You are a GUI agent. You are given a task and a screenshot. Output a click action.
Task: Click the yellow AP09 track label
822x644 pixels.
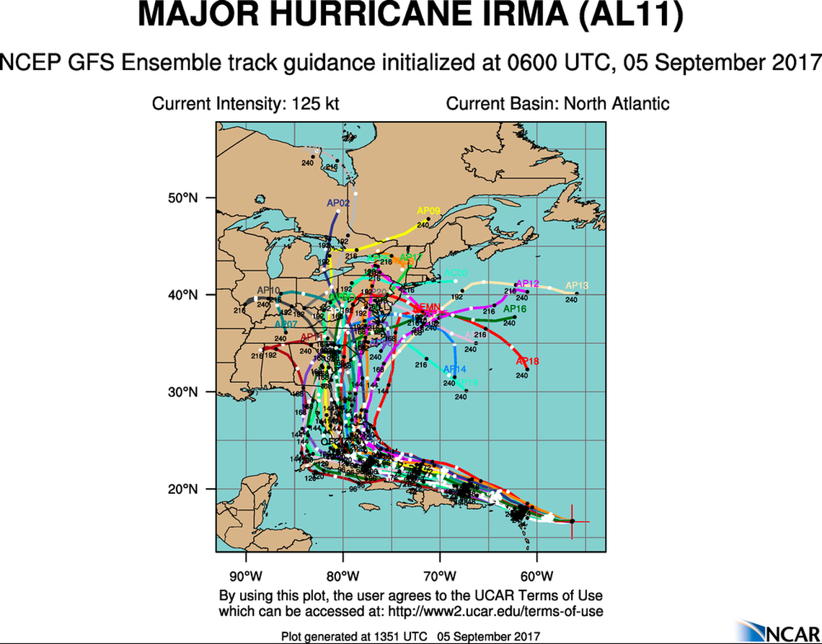coord(428,211)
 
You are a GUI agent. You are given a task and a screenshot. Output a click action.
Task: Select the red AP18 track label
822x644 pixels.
coord(528,361)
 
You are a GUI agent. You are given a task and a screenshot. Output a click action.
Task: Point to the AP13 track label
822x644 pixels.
coord(577,286)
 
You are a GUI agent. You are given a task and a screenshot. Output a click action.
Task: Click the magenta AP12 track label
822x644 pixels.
coord(528,283)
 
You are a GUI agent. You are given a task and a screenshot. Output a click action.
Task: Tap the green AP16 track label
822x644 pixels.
coord(515,309)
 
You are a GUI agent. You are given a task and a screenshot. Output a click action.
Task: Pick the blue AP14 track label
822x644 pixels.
coord(454,370)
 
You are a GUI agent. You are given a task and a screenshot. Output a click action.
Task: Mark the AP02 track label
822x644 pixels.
coord(338,203)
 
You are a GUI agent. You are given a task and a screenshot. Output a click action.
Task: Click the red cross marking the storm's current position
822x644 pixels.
coord(573,521)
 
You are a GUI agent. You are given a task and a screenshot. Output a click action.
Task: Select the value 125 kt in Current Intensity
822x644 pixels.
coord(315,103)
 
